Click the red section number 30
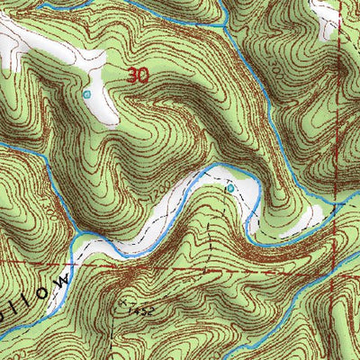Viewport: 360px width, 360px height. [x=137, y=76]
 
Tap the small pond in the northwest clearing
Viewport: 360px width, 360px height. [x=87, y=94]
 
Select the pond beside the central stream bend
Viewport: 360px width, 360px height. [x=229, y=189]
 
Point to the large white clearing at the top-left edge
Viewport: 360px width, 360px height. [x=36, y=45]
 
